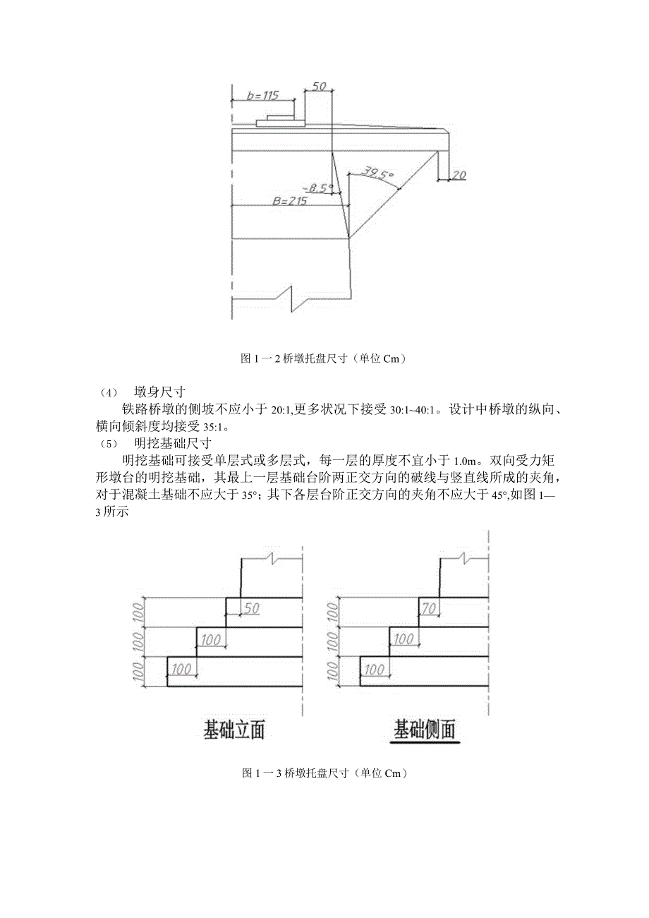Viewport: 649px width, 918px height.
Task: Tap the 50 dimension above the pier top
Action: [319, 86]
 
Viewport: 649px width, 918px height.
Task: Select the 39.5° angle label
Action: [377, 173]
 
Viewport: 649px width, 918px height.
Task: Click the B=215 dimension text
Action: [289, 200]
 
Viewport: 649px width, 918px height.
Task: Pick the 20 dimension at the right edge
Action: [458, 175]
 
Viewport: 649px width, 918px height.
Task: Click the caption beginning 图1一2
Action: [324, 358]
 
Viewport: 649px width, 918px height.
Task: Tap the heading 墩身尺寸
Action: [159, 392]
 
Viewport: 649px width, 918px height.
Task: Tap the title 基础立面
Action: [234, 730]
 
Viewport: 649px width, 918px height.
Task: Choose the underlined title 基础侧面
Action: [425, 729]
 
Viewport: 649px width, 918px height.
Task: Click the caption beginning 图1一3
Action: [324, 773]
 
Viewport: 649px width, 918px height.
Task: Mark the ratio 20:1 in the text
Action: [282, 409]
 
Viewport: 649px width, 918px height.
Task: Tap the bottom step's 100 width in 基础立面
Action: [182, 669]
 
